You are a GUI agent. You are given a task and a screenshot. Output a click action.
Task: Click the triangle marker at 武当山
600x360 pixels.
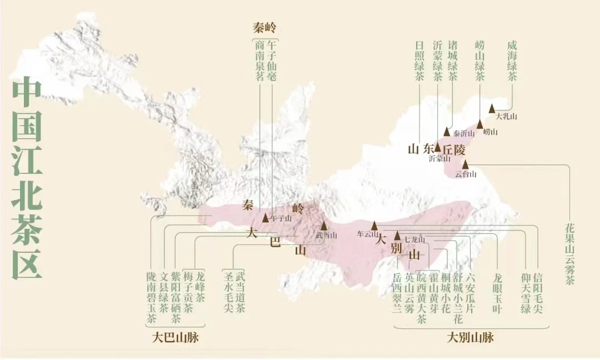point(324,226)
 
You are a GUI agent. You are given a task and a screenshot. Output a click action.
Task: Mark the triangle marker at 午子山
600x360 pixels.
point(265,217)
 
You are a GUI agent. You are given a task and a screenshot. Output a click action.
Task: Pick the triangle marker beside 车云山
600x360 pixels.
point(374,225)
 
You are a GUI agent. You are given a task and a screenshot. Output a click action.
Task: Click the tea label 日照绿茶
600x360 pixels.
point(420,61)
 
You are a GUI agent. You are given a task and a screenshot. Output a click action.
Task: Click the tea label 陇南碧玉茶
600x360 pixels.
point(151,298)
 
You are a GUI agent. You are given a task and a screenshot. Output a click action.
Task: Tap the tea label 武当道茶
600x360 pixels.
point(240,293)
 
